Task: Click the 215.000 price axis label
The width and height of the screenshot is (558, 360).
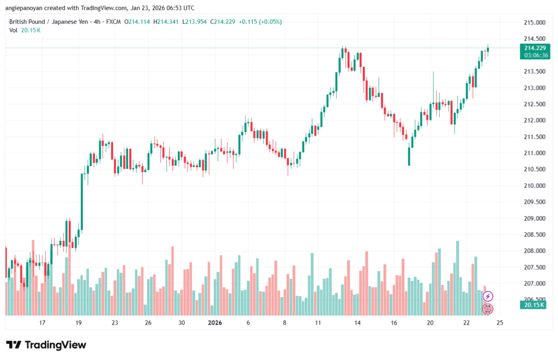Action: pos(534,22)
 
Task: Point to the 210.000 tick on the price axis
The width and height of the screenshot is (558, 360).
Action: pos(534,186)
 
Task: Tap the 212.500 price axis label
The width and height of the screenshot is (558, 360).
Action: pos(534,104)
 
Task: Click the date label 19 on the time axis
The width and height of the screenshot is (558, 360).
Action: pos(78,322)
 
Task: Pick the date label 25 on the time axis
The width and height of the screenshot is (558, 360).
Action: pos(500,322)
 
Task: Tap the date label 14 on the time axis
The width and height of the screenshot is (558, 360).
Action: pos(357,322)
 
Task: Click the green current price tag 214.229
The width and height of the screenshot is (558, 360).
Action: pos(535,48)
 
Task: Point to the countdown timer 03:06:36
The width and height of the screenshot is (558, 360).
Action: pos(535,55)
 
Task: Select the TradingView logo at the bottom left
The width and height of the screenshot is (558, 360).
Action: pos(46,345)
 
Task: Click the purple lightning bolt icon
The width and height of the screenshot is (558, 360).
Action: pos(488,296)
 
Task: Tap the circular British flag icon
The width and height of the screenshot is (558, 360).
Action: pos(488,309)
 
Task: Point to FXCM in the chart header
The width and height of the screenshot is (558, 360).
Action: pos(113,22)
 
